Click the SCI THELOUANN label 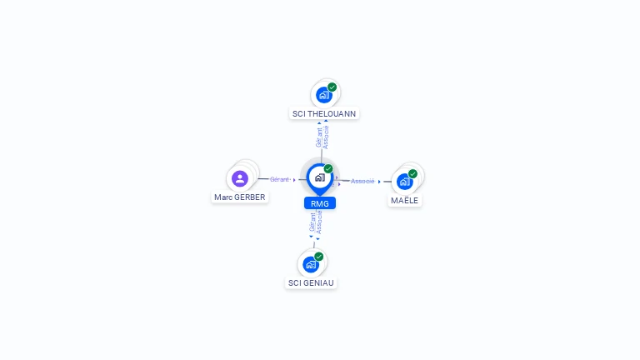click(325, 113)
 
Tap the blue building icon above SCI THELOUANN click(324, 95)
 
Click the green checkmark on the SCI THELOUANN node click(332, 87)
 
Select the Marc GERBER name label click(239, 197)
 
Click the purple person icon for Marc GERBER click(240, 178)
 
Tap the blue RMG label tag click(320, 203)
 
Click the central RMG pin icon click(319, 177)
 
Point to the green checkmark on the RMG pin click(328, 169)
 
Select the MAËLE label click(405, 200)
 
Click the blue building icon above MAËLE click(404, 182)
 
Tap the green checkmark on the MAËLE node click(412, 174)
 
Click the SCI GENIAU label click(312, 282)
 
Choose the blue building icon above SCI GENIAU click(311, 265)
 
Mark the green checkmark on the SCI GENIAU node click(318, 257)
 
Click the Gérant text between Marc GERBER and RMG click(279, 179)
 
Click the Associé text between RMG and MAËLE click(362, 181)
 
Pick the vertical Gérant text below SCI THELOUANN click(319, 137)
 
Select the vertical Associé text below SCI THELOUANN click(326, 137)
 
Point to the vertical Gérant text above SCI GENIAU click(312, 222)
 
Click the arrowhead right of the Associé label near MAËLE click(379, 181)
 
